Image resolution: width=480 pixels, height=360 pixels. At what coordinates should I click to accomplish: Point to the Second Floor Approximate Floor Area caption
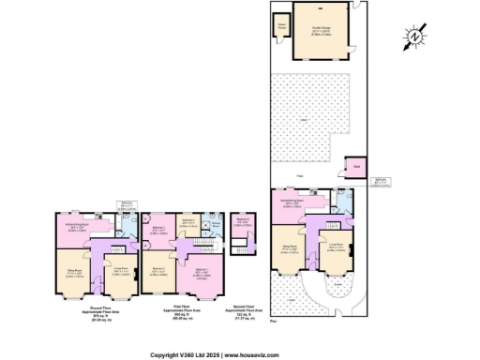243,311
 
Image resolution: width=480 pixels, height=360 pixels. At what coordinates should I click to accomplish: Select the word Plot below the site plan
273,322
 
